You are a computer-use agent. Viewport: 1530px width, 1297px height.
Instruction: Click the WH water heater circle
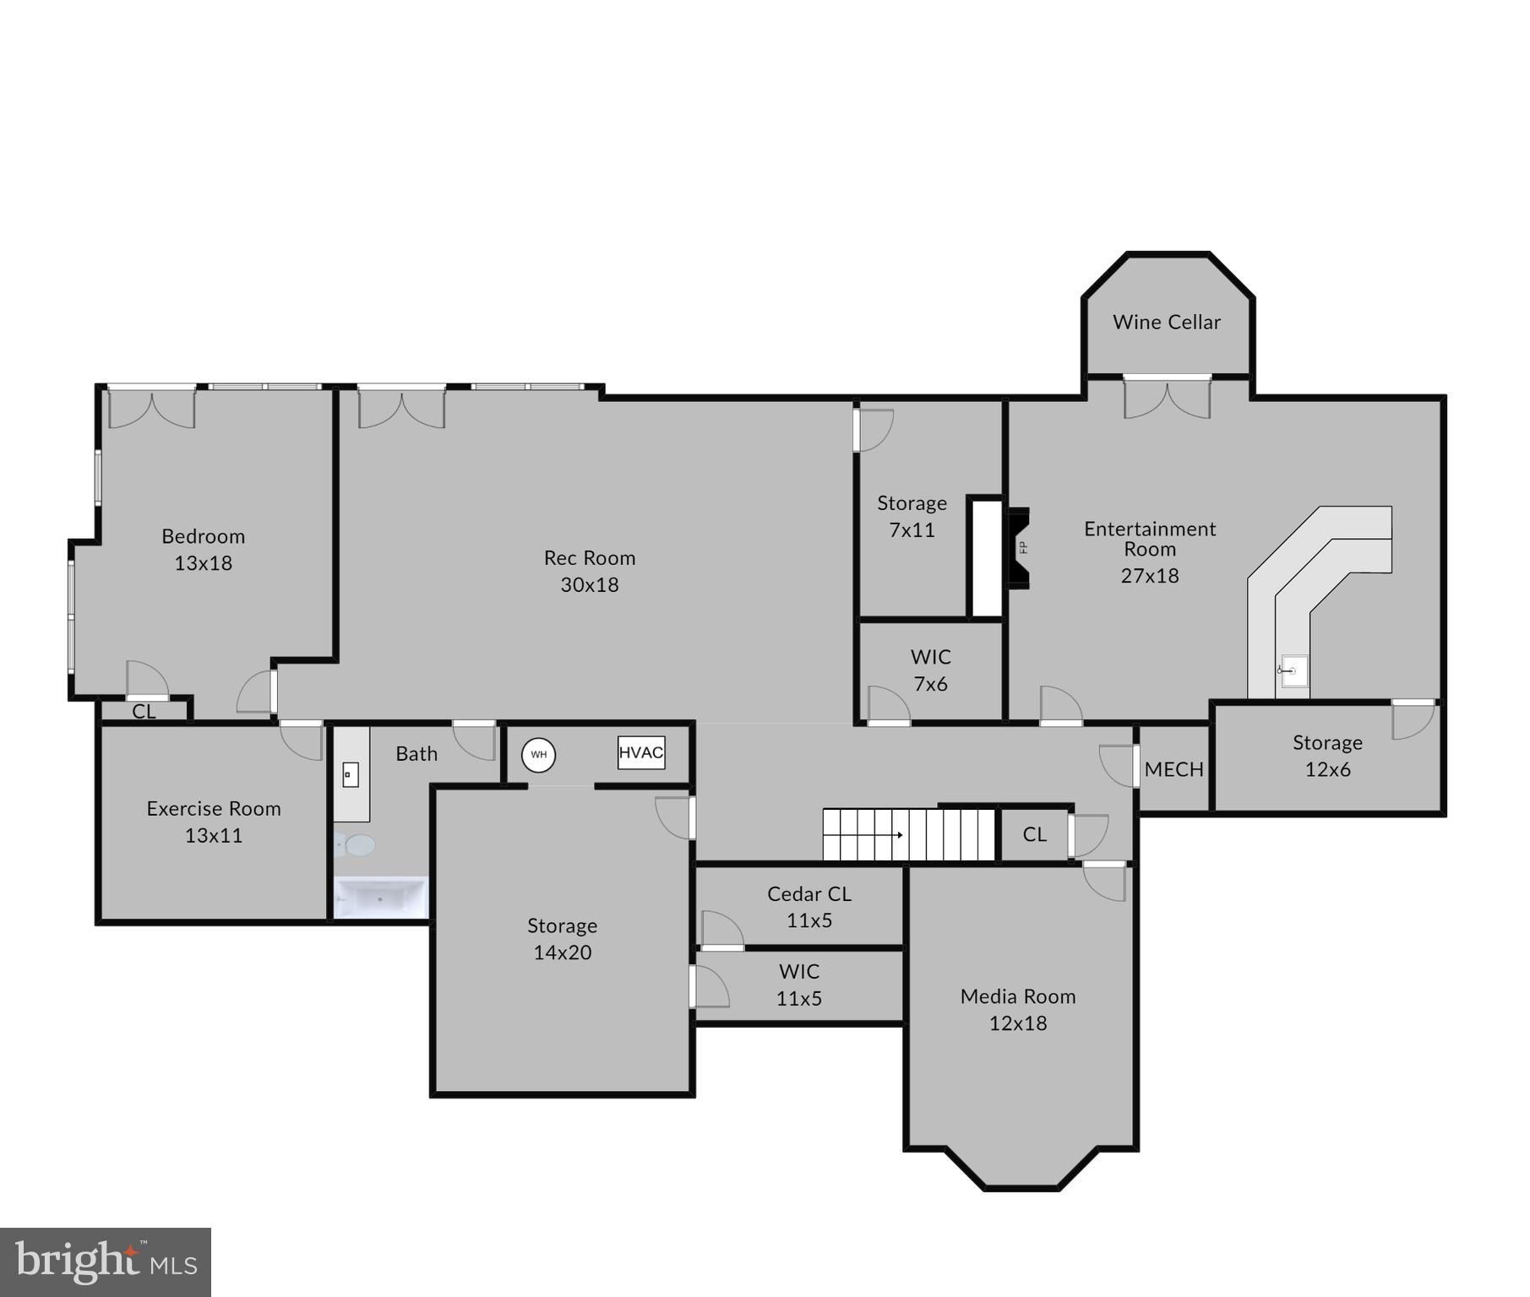(x=538, y=755)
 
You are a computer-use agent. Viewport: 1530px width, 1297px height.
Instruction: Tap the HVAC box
(x=641, y=752)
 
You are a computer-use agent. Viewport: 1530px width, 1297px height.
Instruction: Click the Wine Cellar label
(x=1166, y=322)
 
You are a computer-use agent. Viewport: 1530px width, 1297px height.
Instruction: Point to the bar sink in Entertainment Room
(x=1293, y=671)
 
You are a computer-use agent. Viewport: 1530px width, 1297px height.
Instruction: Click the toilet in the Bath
(x=357, y=844)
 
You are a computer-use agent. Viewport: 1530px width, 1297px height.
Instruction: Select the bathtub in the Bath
(x=381, y=898)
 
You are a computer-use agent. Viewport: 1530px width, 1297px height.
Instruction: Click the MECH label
(x=1173, y=769)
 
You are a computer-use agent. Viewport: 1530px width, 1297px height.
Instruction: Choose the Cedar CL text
(x=809, y=893)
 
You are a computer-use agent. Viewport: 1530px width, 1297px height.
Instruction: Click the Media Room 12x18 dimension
(x=1018, y=1023)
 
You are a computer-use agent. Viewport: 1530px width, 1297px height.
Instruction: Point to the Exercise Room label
(x=214, y=809)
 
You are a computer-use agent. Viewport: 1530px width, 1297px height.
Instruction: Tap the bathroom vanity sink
(x=351, y=774)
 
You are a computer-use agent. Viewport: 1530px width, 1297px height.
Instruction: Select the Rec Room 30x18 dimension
(x=590, y=584)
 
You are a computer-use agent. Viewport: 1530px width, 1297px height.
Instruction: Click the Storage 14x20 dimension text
(x=562, y=952)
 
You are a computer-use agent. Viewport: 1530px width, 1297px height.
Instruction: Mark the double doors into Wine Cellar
(x=1167, y=399)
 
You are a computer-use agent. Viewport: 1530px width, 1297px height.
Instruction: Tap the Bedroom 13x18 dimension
(x=203, y=563)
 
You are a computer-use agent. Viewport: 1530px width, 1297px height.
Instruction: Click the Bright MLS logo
(x=106, y=1262)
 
